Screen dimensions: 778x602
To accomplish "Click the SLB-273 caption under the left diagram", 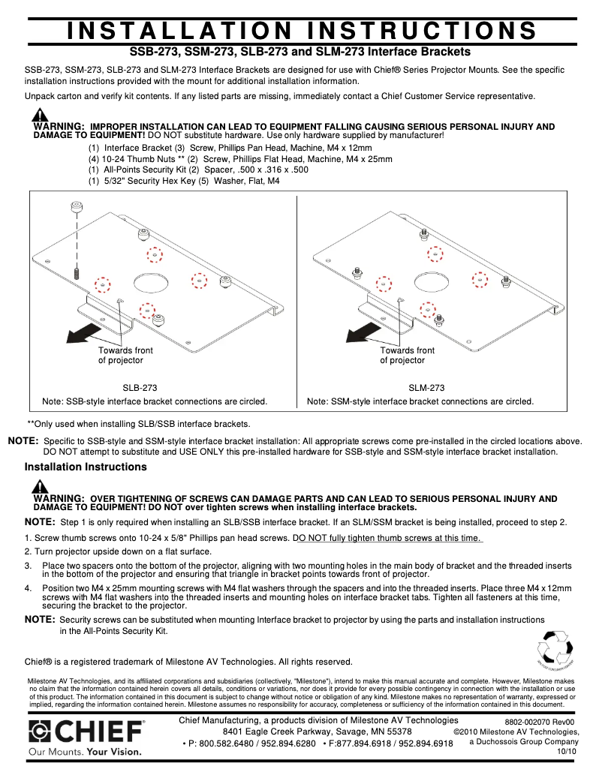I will coord(140,388).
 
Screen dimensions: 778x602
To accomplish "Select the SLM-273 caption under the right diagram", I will coord(426,388).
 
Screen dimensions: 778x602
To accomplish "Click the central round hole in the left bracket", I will coord(150,283).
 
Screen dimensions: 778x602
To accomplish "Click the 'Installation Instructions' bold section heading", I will coord(86,467).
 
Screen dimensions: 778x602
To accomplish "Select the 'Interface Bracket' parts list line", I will coord(131,148).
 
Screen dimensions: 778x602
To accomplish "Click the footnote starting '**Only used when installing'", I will coord(139,424).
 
